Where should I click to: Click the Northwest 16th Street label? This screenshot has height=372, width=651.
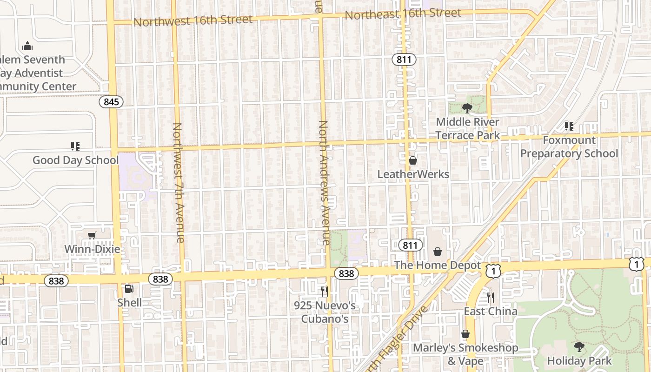point(193,20)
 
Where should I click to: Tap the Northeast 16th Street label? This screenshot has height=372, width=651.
point(403,13)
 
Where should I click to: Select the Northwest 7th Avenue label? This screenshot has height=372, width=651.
point(179,182)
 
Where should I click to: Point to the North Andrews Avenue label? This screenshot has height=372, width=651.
point(324,182)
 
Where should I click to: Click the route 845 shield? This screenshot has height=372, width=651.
point(111,101)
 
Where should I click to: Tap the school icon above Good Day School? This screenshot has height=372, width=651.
point(75,146)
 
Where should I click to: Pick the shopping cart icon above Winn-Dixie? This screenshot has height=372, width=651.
point(92,235)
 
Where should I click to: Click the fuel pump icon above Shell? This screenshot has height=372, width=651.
point(129,289)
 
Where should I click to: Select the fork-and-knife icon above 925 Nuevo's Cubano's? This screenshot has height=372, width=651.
point(325,292)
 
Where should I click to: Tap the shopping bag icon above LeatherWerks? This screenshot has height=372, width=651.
point(413,160)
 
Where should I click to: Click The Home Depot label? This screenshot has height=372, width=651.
point(437,265)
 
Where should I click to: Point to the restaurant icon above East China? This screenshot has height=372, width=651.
point(491,298)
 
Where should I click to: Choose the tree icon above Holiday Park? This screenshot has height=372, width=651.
point(579,346)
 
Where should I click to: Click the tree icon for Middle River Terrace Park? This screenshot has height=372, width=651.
point(467,108)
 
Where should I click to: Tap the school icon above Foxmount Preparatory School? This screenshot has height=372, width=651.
point(569,126)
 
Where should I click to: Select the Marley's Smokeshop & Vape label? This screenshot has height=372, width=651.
point(465,354)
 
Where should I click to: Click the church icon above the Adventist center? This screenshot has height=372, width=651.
point(27,46)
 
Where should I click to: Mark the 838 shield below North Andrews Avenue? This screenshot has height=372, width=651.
point(346,273)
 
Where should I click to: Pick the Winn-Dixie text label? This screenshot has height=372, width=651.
point(92,249)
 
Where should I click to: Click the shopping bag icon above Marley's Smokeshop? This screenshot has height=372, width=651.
point(465,334)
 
